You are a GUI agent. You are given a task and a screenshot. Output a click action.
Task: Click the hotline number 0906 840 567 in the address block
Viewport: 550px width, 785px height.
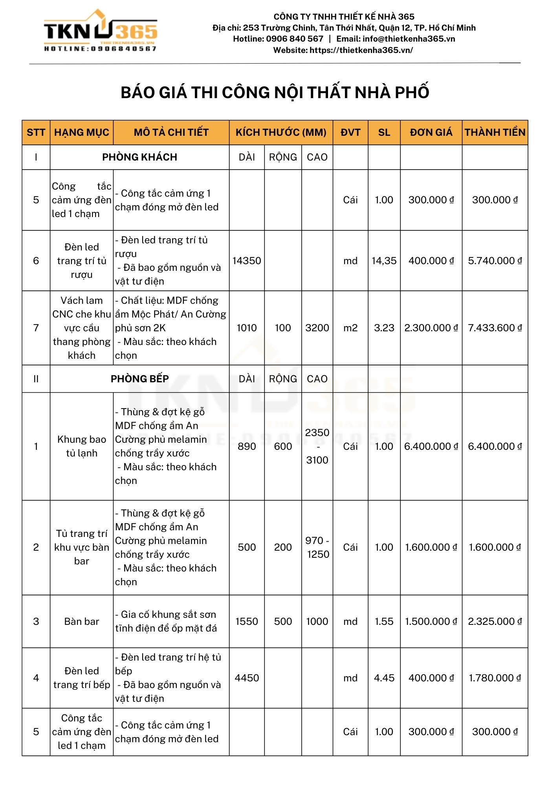(x=295, y=39)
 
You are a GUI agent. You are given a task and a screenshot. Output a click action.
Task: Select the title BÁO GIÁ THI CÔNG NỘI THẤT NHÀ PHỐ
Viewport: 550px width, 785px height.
(x=275, y=93)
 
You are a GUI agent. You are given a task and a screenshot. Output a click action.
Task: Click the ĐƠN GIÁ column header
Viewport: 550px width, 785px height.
(x=431, y=132)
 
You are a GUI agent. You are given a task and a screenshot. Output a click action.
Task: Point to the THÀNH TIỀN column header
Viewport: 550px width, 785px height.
(x=495, y=132)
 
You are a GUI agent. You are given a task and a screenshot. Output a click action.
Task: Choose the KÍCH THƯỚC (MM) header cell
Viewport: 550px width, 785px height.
(x=281, y=132)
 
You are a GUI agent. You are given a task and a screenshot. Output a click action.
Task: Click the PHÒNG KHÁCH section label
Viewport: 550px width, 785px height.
(x=139, y=157)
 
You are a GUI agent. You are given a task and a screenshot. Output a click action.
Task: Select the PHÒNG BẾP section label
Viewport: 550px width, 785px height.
(x=139, y=379)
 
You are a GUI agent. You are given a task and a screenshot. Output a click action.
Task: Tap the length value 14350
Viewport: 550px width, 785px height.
(x=247, y=261)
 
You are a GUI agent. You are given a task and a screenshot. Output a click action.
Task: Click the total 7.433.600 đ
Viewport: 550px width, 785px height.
(x=495, y=328)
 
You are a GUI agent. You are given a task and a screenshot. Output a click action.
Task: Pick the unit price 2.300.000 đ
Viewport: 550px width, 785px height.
(x=431, y=328)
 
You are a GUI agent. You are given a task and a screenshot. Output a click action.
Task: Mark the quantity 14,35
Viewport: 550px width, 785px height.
(x=384, y=261)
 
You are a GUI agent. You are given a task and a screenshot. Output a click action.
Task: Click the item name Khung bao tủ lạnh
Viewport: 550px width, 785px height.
(x=82, y=446)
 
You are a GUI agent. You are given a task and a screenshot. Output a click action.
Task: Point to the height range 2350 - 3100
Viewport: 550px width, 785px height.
(x=317, y=446)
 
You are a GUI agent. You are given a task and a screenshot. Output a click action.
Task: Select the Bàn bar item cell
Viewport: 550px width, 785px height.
(x=82, y=621)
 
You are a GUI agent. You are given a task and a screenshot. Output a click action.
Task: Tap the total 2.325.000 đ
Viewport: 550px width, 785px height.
(x=495, y=621)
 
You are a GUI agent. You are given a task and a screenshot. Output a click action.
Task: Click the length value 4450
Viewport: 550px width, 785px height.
(x=247, y=678)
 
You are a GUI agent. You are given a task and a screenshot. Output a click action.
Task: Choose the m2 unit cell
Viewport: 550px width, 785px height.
(x=350, y=328)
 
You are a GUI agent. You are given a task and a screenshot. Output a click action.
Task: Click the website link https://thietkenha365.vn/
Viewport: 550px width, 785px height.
(x=361, y=50)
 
